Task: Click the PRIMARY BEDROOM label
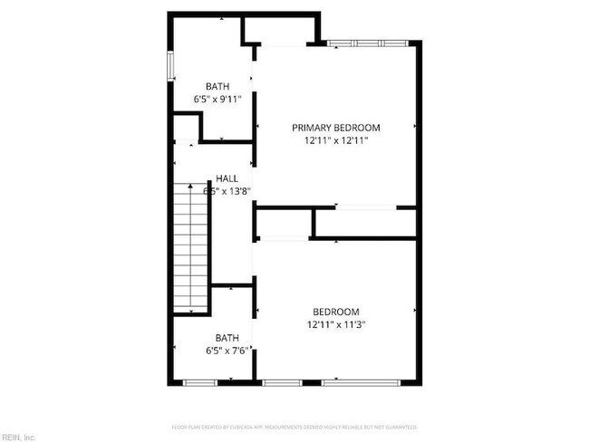335,128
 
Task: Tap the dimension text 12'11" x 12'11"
335,140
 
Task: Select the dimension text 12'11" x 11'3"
335,323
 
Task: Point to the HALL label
227,178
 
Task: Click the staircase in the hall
192,245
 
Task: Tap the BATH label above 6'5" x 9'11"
217,86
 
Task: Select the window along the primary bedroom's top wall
367,43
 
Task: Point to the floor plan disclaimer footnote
294,426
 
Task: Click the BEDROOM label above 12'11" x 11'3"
335,311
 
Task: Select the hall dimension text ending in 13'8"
227,191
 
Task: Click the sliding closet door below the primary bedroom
364,208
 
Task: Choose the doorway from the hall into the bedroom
254,263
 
